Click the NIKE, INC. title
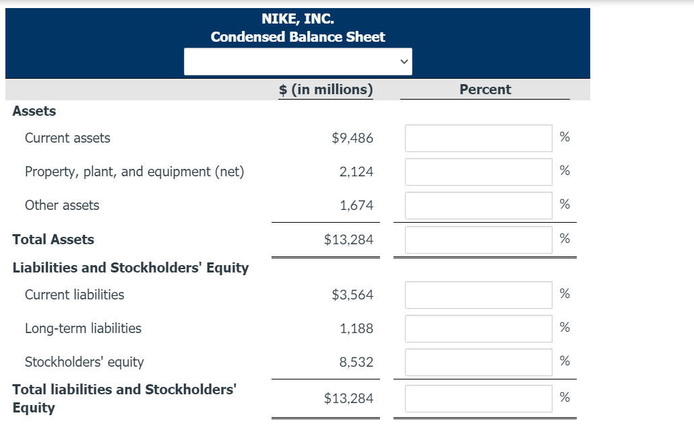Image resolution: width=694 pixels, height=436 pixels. pos(297,18)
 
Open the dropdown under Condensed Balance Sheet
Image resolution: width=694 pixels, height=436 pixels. pos(298,62)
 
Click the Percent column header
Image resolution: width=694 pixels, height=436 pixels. pos(484,89)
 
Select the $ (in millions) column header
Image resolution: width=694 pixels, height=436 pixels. pos(325,89)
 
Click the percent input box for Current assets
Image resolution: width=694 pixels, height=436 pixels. pos(478,138)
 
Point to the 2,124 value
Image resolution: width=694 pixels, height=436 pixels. pos(356,172)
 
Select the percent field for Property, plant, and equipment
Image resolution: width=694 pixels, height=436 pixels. pos(478,172)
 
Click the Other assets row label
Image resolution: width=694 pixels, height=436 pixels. pos(62,205)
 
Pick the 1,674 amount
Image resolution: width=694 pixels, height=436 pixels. pos(356,205)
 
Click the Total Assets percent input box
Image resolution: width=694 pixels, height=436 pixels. pos(478,240)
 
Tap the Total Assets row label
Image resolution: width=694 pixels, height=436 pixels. pos(53,240)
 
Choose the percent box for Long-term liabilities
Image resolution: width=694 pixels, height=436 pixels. pos(478,328)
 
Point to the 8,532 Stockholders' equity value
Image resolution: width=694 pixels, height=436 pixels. pos(356,362)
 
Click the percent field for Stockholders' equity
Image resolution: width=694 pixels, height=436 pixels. pos(478,362)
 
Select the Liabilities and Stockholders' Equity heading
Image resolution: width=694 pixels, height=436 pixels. pos(131,268)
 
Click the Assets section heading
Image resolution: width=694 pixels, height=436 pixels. pos(34,111)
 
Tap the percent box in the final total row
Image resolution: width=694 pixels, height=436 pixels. pos(478,398)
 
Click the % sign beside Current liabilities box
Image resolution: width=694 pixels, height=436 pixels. pos(565,294)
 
